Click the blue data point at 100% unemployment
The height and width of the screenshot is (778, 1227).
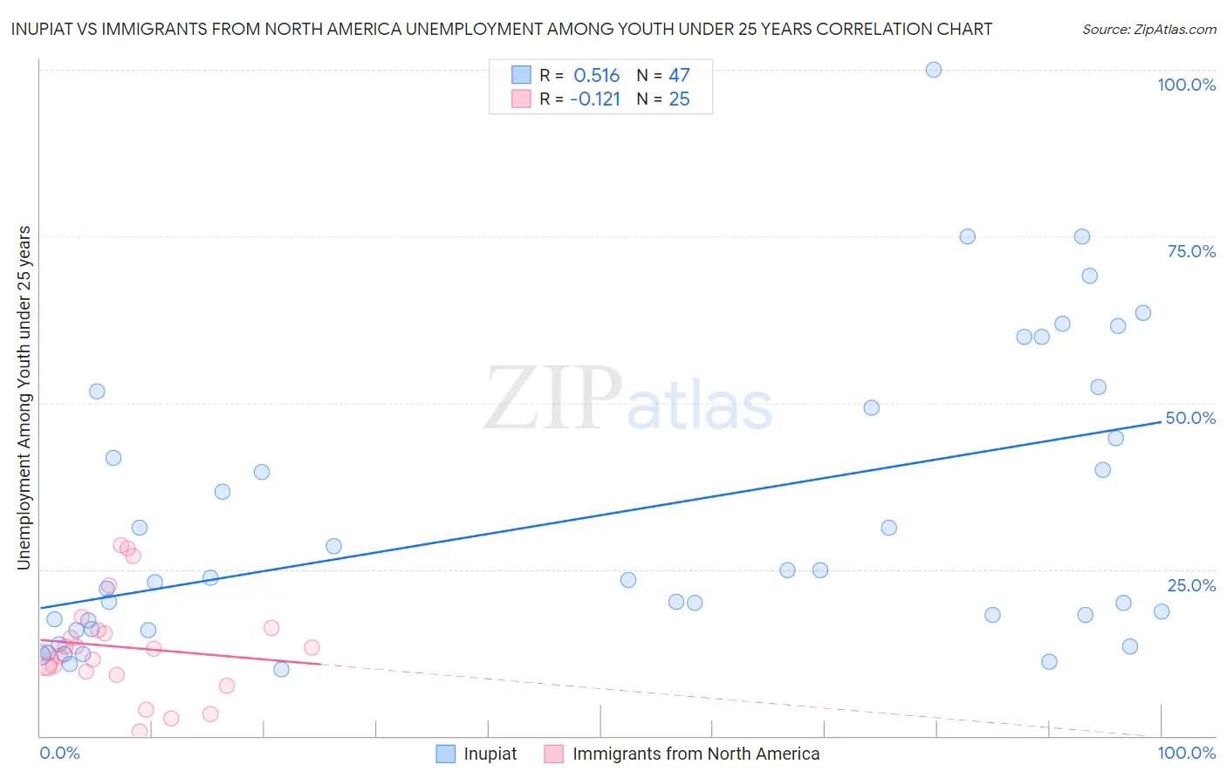933,70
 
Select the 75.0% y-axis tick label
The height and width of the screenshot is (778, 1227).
1191,251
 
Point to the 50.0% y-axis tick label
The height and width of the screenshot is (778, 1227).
1190,418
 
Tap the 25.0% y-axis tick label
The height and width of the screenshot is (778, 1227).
1191,585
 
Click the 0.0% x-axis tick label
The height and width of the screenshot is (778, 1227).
59,754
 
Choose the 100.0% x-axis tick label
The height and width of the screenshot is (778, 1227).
1186,754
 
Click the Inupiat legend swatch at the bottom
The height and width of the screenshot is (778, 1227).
445,754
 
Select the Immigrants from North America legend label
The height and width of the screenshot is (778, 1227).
696,754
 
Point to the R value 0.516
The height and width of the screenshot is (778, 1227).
596,76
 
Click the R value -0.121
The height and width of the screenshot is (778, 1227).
594,99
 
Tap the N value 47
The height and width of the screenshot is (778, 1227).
679,76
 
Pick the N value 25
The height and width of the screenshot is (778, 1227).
679,99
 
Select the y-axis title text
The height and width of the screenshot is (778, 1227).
24,398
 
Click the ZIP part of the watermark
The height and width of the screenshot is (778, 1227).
552,399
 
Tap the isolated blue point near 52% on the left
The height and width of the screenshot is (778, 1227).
97,392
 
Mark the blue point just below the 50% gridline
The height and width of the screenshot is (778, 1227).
871,407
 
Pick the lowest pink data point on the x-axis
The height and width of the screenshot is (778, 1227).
140,731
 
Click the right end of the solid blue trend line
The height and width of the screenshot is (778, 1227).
1162,422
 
